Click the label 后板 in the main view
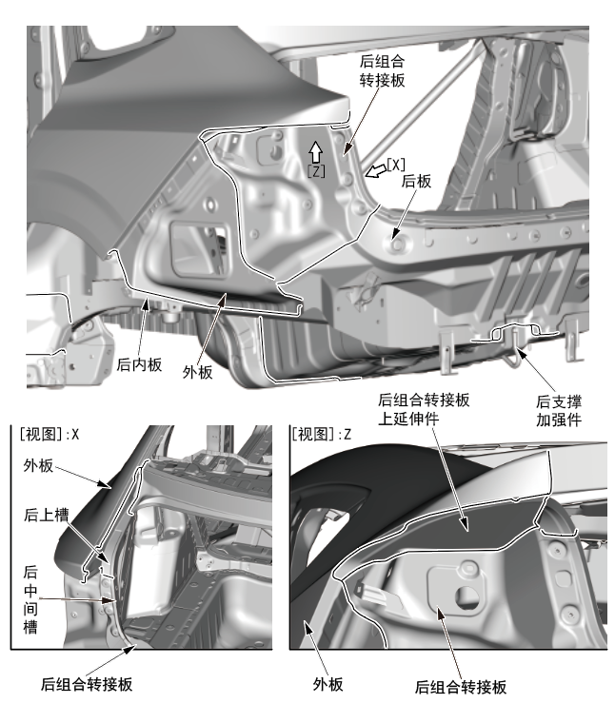(x=415, y=180)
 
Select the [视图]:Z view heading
(x=322, y=433)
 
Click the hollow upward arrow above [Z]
(x=315, y=151)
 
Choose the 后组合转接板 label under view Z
(x=461, y=687)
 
